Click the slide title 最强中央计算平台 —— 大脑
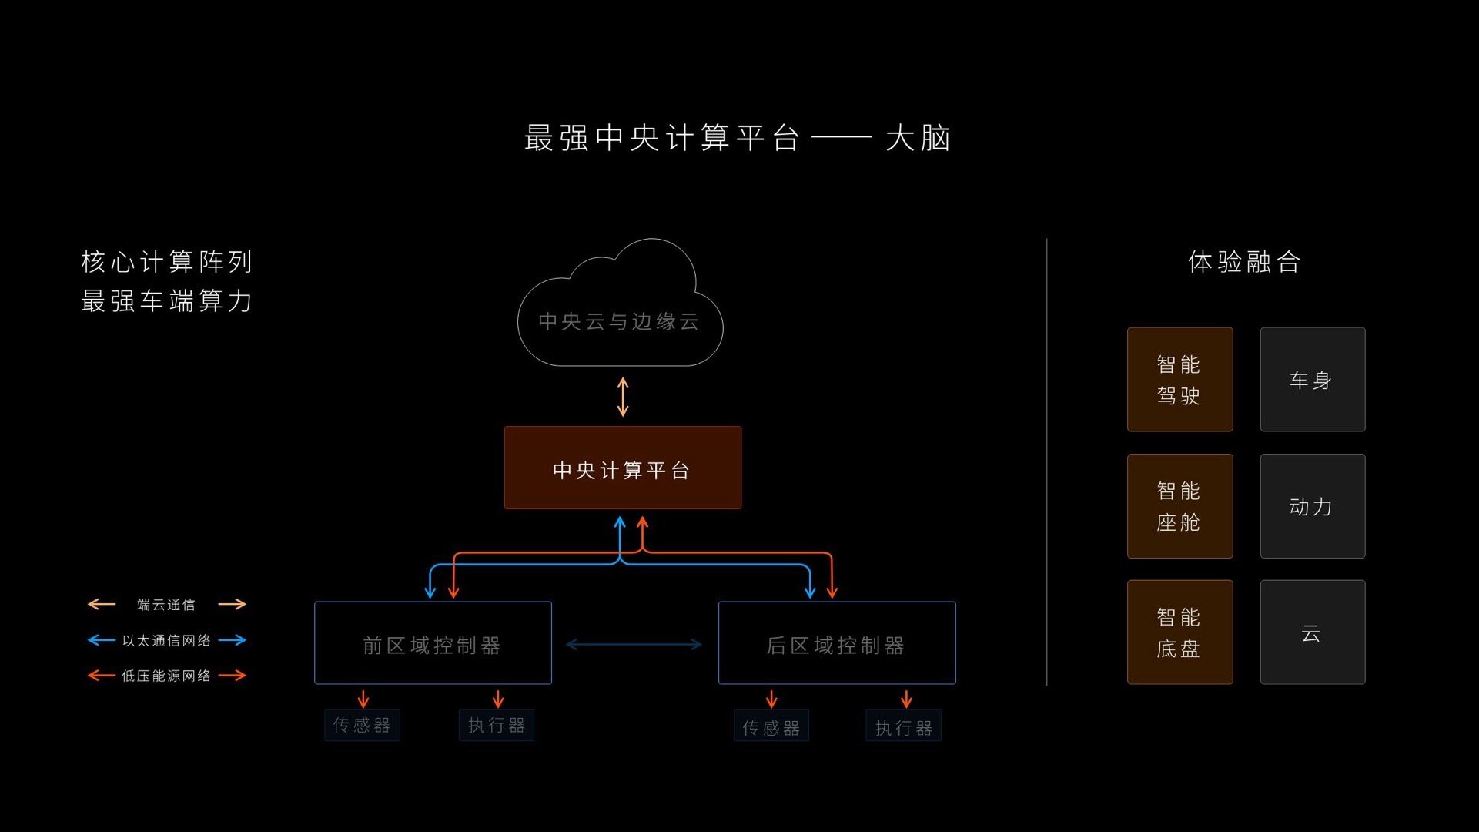(738, 139)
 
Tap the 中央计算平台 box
(623, 468)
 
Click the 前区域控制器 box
(433, 643)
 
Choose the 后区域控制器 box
(837, 643)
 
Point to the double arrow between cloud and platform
(623, 397)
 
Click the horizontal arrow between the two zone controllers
(634, 645)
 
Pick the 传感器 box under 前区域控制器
(362, 725)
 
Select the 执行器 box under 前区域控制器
(497, 725)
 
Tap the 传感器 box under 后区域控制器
(771, 726)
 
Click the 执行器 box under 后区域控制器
(904, 726)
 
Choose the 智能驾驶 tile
(1180, 380)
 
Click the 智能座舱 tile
(1180, 506)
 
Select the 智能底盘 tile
(1180, 632)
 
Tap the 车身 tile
(1313, 380)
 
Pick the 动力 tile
(1313, 506)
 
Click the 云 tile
(1313, 632)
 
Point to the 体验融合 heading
(1244, 262)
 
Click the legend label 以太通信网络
(166, 640)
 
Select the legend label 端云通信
(166, 605)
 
